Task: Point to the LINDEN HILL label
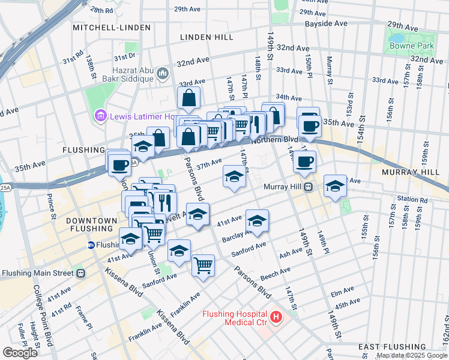point(206,37)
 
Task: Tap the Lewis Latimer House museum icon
point(100,116)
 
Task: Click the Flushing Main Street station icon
point(80,274)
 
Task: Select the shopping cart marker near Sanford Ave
point(203,264)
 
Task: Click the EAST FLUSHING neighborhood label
point(391,347)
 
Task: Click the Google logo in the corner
point(20,353)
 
